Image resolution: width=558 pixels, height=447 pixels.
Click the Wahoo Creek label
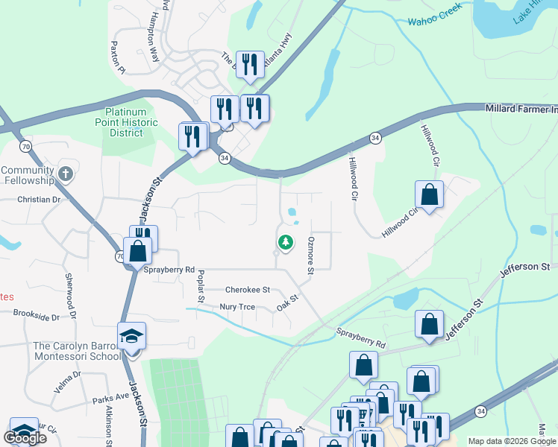(435, 14)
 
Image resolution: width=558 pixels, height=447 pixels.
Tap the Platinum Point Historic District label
(131, 122)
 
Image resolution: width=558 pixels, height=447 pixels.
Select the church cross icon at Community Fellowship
(66, 174)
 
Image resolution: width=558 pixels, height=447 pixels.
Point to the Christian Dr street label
(39, 200)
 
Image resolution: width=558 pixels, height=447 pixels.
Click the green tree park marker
(285, 242)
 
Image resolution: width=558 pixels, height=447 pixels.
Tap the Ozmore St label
(313, 254)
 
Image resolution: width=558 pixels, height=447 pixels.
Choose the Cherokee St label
(247, 289)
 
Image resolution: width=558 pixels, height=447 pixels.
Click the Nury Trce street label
(238, 307)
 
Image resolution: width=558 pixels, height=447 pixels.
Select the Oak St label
(287, 301)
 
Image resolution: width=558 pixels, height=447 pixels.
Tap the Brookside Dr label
(36, 316)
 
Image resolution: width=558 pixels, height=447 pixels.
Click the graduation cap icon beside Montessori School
(132, 336)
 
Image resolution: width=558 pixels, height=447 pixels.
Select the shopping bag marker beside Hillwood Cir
(430, 195)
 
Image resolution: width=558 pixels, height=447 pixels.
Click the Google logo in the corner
(25, 437)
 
